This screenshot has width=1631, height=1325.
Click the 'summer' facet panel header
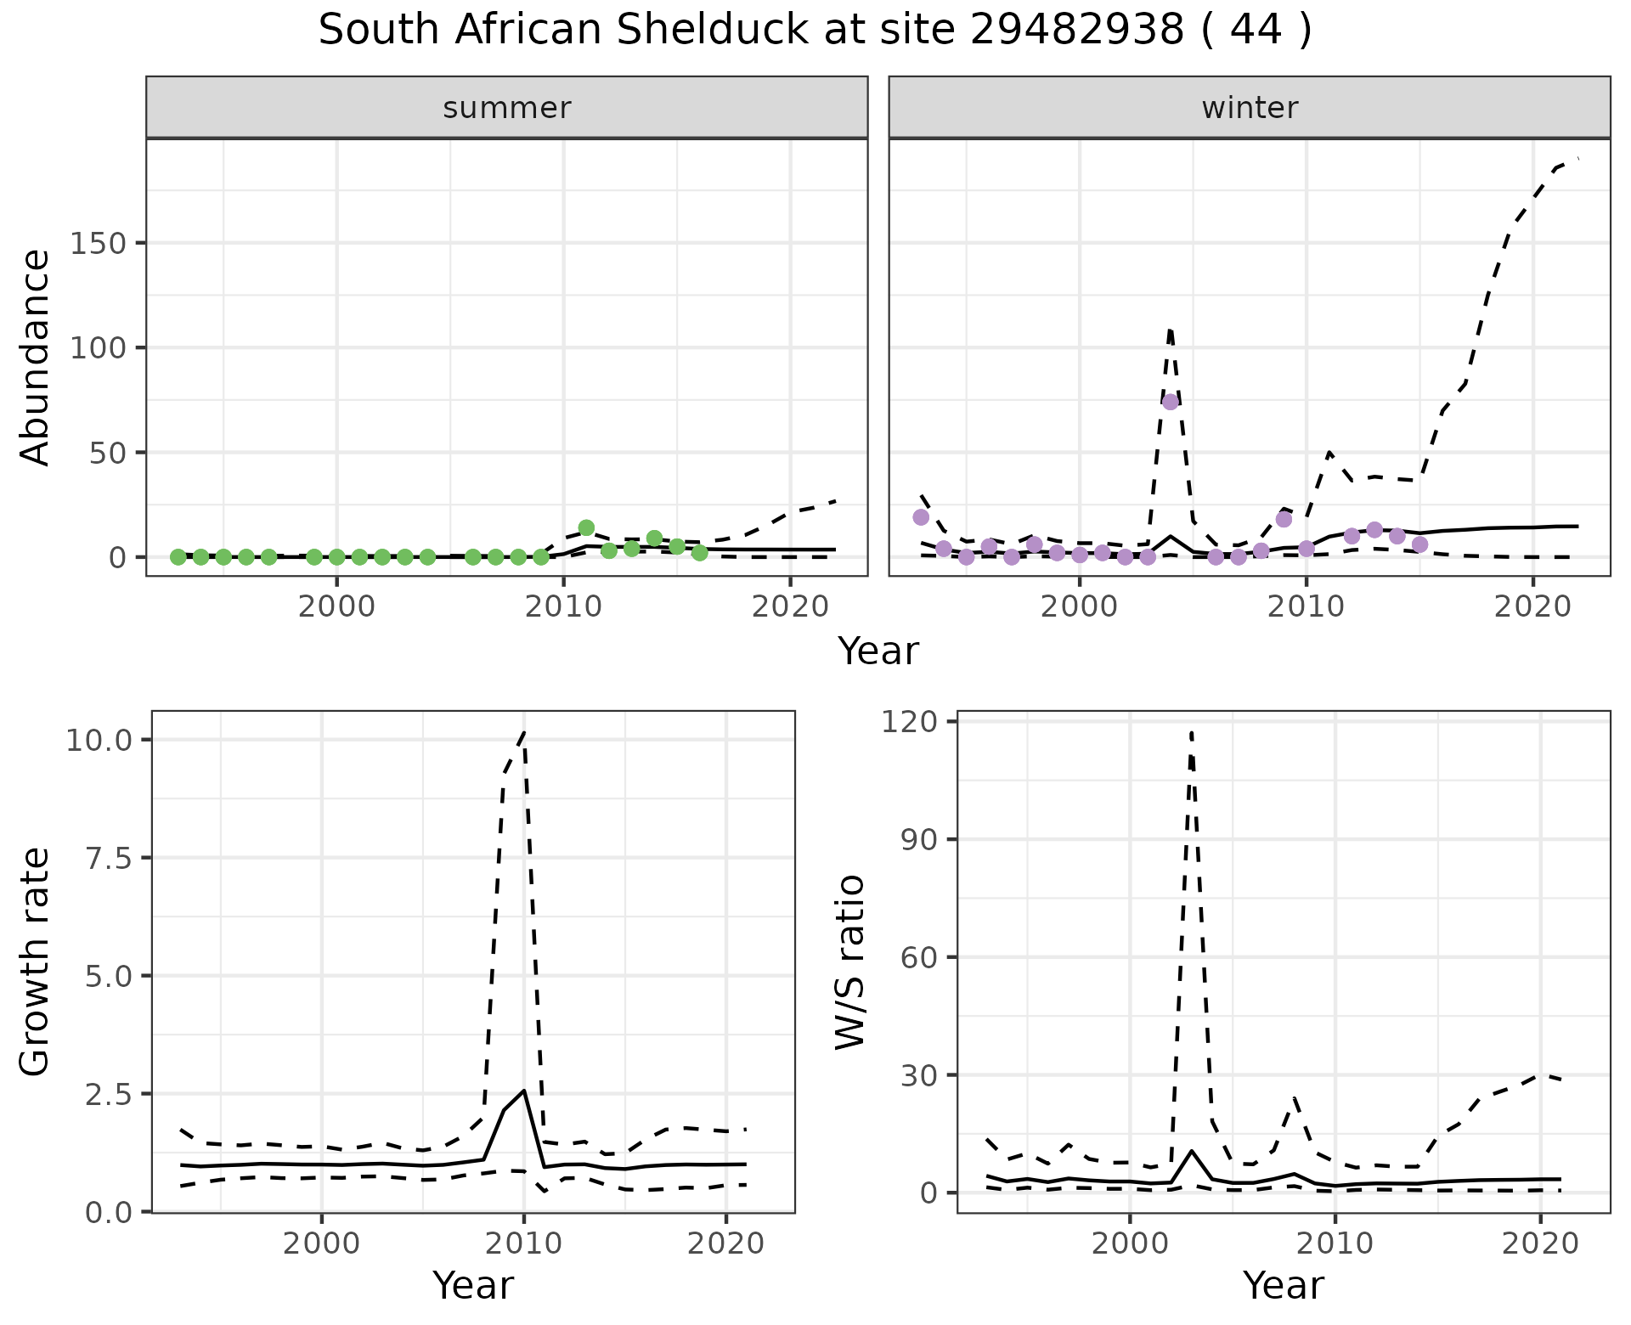(507, 108)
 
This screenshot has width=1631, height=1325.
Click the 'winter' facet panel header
(1250, 108)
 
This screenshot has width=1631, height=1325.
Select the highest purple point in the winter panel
(1171, 402)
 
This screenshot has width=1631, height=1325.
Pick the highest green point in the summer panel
(586, 527)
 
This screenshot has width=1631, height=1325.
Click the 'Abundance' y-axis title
(36, 357)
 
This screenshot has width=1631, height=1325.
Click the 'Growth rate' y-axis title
(36, 961)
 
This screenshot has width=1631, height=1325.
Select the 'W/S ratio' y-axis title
(849, 961)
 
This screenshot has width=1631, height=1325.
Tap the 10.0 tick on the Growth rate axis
(99, 740)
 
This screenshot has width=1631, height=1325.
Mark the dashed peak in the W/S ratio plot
(1192, 731)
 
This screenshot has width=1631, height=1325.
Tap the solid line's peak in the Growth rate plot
(524, 1091)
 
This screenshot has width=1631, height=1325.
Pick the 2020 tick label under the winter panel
(1533, 607)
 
